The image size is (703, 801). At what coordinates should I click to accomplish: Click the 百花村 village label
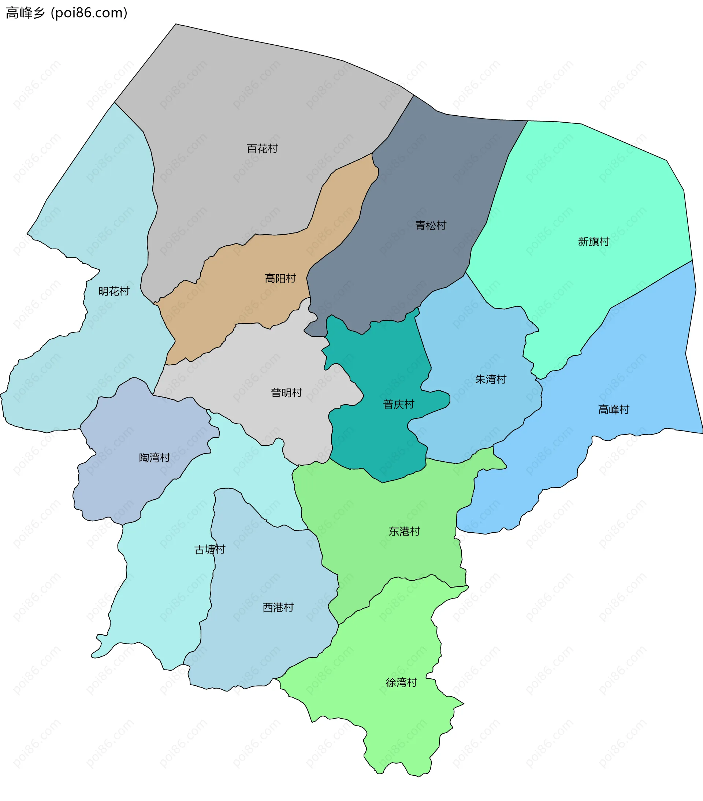coord(262,149)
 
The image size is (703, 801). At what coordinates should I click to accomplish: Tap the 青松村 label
coord(431,226)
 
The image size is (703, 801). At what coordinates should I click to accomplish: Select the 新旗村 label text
coord(593,241)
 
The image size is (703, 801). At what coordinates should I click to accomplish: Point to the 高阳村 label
coord(280,279)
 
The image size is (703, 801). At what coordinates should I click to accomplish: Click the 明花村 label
coord(114,291)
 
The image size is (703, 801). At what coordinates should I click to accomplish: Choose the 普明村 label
coord(286,393)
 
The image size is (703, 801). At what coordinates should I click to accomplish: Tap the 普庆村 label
coord(398,405)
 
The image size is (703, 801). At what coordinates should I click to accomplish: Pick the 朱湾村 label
coord(491,379)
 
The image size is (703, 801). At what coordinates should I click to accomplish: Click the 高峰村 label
coord(614,410)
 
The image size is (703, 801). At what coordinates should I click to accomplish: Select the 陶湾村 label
coord(155,457)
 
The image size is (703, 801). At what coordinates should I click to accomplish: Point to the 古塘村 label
coord(210,549)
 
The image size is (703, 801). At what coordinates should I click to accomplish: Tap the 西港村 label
coord(278,607)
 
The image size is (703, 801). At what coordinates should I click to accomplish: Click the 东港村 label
coord(404,532)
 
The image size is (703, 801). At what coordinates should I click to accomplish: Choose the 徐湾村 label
coord(401,683)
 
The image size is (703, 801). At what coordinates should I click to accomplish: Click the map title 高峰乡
coord(26,13)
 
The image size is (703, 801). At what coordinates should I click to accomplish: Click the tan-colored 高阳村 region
coord(251,298)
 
